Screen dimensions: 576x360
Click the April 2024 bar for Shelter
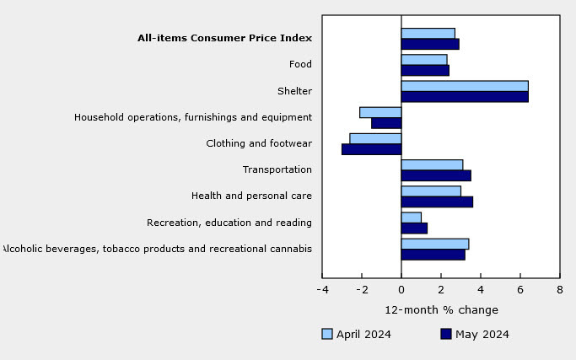coord(465,86)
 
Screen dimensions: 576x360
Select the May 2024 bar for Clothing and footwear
coord(371,149)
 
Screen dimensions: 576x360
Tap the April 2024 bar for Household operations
coord(380,112)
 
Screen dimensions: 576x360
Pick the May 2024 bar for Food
coord(425,71)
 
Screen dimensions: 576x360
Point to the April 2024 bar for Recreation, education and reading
coord(411,218)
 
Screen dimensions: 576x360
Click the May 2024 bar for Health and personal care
coord(437,202)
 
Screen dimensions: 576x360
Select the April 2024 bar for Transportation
coord(432,165)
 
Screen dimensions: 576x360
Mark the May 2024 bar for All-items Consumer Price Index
coord(430,44)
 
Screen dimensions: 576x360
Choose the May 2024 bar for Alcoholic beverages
coord(433,255)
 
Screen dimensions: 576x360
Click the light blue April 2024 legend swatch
coord(327,334)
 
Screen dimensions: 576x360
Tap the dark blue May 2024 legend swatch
coord(446,334)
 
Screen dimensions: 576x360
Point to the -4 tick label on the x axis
coord(322,290)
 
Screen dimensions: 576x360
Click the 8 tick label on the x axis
coord(559,290)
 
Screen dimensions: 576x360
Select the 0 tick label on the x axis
coord(401,290)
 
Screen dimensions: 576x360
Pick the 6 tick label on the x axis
coord(520,290)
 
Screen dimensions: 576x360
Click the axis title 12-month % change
coord(442,310)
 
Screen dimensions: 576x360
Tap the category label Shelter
coord(294,91)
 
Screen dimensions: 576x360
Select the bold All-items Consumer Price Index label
coord(225,38)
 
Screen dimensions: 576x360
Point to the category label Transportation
coord(277,169)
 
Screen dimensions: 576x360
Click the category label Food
coord(300,64)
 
